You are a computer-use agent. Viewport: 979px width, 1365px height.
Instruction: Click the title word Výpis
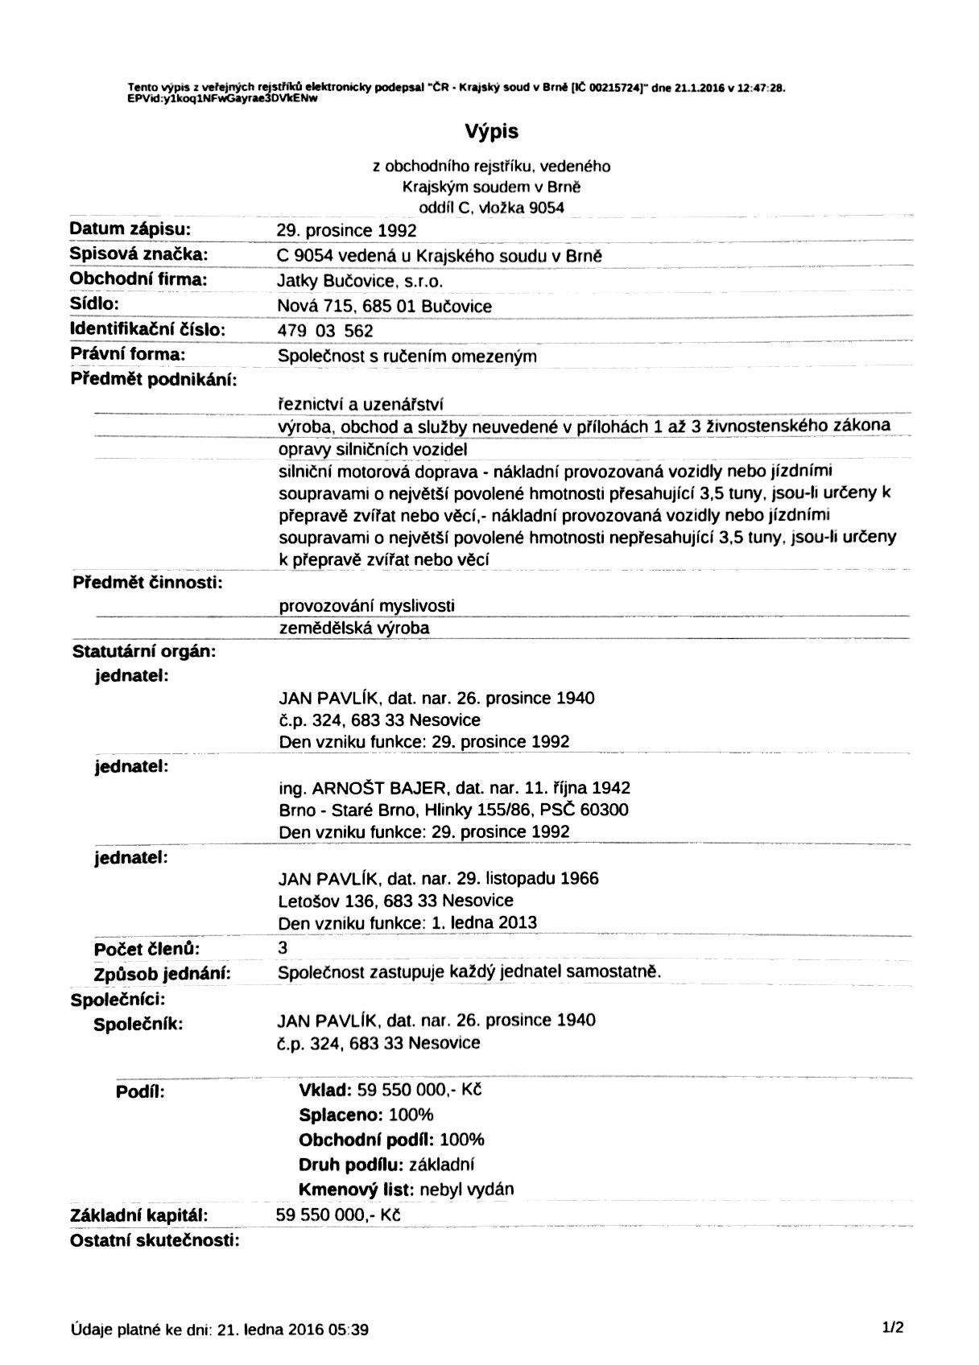[x=490, y=131]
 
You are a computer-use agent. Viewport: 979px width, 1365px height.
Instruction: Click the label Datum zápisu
[x=130, y=229]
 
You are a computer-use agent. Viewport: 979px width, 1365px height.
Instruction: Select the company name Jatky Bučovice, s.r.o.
[x=360, y=281]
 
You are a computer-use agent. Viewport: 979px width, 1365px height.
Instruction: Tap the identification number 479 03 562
[x=325, y=331]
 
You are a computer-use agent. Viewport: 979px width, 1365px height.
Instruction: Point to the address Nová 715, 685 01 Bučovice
[x=384, y=306]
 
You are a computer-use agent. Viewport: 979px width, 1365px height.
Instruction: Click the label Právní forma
[x=128, y=354]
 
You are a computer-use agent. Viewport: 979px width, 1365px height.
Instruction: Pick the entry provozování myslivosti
[x=366, y=605]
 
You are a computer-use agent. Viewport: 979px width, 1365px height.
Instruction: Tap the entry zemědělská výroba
[x=353, y=628]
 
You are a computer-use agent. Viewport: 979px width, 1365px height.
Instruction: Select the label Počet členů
[x=147, y=949]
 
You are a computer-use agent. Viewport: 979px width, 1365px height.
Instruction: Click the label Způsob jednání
[x=163, y=974]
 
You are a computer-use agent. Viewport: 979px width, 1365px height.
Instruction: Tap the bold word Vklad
[x=324, y=1091]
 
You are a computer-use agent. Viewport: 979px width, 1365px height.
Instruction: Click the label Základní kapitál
[x=139, y=1214]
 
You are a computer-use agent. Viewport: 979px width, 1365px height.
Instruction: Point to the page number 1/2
[x=893, y=1328]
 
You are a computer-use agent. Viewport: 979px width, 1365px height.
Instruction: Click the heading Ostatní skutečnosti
[x=155, y=1239]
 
